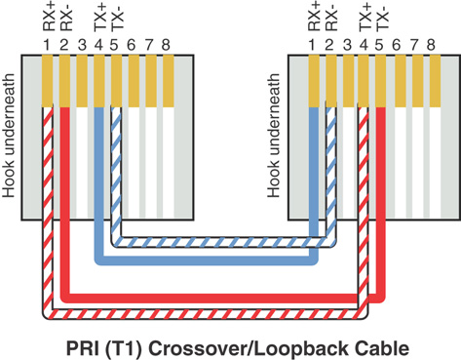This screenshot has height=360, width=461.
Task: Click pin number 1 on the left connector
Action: [47, 46]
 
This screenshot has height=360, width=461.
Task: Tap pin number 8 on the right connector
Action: [431, 46]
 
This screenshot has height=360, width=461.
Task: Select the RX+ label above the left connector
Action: [49, 17]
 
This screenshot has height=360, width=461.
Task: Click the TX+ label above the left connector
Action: [99, 17]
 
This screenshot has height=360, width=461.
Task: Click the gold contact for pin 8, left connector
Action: [169, 81]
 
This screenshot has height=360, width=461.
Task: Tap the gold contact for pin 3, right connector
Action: [349, 81]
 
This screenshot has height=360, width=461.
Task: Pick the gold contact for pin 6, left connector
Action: [134, 81]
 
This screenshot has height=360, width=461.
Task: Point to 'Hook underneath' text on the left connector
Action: [9, 136]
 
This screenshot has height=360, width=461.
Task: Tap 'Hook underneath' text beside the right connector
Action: [274, 136]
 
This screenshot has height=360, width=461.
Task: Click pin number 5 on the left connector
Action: [114, 46]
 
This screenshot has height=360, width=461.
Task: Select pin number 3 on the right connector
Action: [347, 46]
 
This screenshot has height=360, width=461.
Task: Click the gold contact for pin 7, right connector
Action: [418, 81]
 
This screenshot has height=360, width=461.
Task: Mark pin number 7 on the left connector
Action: [149, 46]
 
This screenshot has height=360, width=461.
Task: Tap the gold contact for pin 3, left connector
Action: [82, 81]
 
